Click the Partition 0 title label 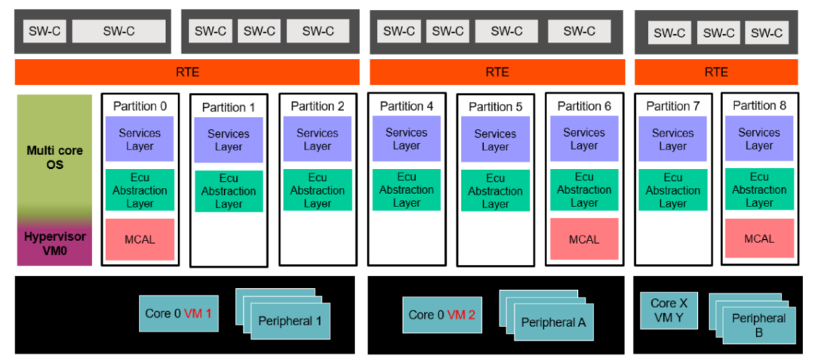(140, 106)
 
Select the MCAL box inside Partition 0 (140, 239)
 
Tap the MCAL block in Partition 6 (584, 239)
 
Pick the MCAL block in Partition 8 (759, 238)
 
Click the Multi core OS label (54, 157)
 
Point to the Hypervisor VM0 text (54, 243)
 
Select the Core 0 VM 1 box (179, 313)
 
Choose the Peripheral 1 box (290, 322)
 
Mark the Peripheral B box (758, 325)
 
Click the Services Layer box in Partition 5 (495, 140)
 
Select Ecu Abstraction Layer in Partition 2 (317, 190)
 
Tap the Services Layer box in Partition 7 (672, 140)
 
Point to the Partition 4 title (406, 106)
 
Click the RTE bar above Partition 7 (715, 72)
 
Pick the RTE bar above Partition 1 (186, 72)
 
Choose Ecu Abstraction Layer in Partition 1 (228, 191)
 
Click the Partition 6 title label (584, 106)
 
